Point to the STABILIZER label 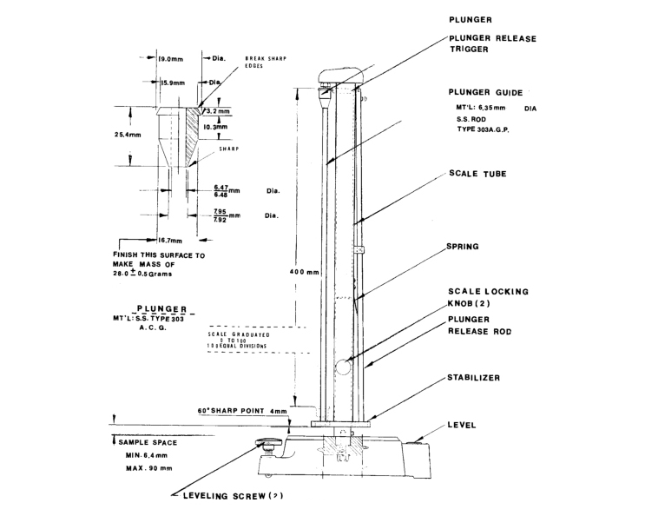480,378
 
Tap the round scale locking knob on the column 344,367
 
